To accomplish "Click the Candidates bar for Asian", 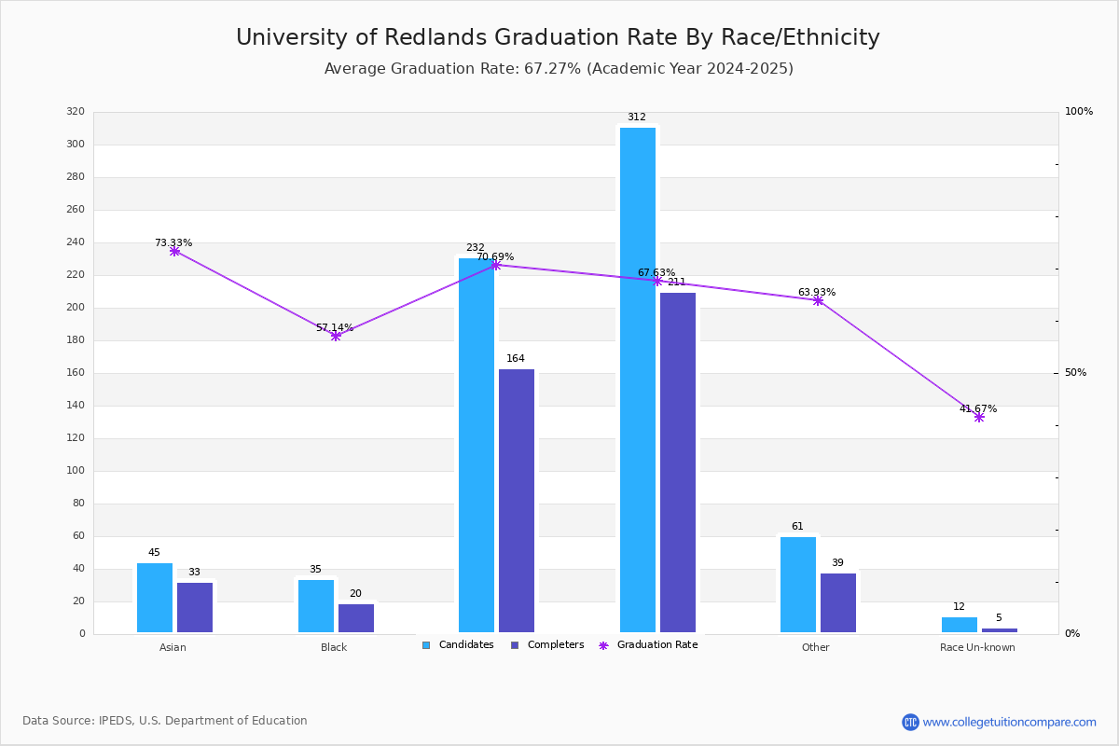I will (x=155, y=598).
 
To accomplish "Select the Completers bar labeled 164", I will (x=517, y=501).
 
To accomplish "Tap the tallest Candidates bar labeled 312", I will (x=638, y=380).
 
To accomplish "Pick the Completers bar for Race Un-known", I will (x=1000, y=630).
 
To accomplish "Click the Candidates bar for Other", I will (x=798, y=585).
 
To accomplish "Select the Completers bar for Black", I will (x=356, y=618).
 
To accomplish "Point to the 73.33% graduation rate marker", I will (x=174, y=251).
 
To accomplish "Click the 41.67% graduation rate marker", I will (x=979, y=417).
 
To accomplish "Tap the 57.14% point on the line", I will (x=336, y=336).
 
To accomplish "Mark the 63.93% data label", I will (x=817, y=293).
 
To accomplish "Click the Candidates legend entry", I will (x=458, y=645).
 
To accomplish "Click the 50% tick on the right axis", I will (x=1075, y=373).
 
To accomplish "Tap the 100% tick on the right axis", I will (x=1078, y=112).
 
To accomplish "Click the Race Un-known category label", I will (x=977, y=648).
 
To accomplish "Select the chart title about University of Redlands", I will (x=558, y=37).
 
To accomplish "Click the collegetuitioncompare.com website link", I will (x=1009, y=722).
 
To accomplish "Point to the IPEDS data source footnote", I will (x=165, y=721).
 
